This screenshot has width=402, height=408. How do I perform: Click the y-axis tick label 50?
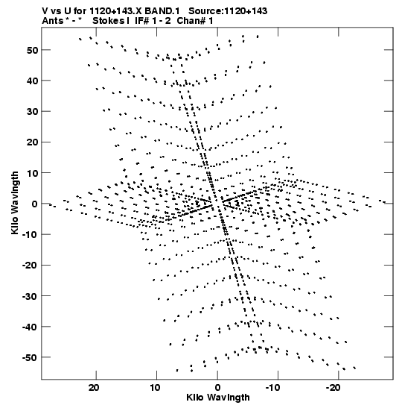[x=32, y=50]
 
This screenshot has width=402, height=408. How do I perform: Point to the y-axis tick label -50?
[x=30, y=357]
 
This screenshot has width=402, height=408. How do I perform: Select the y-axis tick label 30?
[x=32, y=112]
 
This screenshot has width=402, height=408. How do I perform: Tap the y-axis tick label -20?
[x=30, y=266]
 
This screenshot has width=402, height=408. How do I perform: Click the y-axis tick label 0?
[x=35, y=204]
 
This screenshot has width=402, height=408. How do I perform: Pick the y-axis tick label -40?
[x=30, y=327]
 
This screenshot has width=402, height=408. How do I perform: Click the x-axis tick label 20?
[x=94, y=388]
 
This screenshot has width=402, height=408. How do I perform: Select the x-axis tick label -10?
[x=273, y=388]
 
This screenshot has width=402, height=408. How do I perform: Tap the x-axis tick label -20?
[x=334, y=388]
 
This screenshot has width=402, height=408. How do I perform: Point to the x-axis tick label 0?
[x=217, y=388]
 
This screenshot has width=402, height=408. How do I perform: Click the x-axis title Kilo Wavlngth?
[x=218, y=398]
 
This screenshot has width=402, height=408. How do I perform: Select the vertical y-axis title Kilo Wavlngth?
[x=15, y=203]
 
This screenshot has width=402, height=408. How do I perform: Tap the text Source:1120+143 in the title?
[x=228, y=11]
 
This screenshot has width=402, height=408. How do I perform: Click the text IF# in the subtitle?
[x=141, y=21]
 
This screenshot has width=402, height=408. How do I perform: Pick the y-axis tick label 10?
[x=32, y=173]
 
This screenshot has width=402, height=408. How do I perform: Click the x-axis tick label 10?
[x=155, y=388]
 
